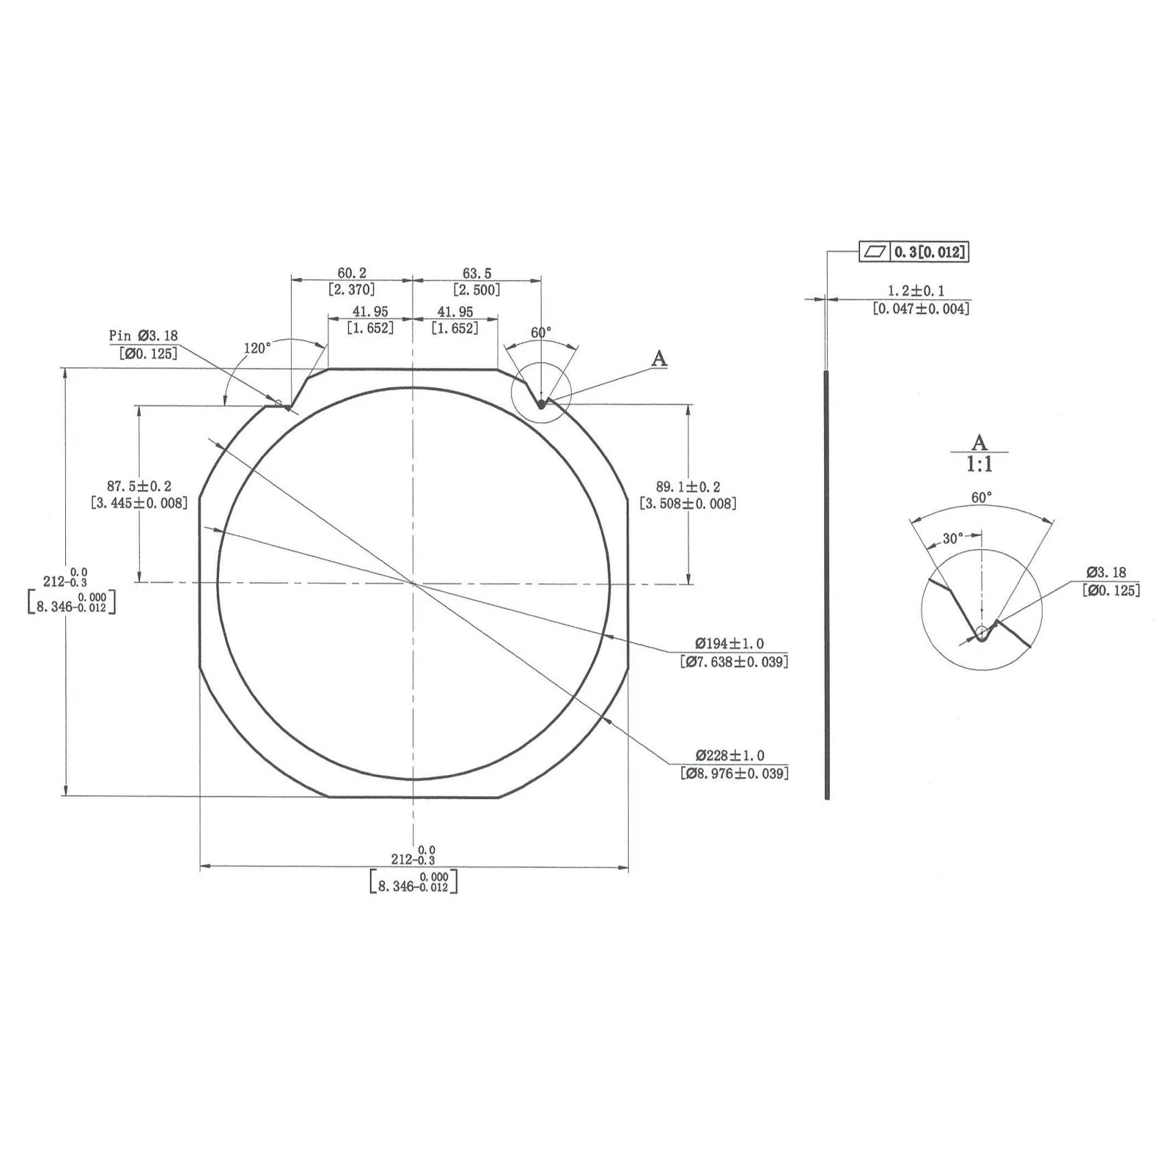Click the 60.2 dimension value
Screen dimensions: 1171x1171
(351, 273)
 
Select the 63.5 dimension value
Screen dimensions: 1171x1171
(476, 273)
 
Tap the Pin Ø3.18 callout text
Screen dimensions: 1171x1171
(143, 336)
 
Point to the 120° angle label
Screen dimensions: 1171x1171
(257, 348)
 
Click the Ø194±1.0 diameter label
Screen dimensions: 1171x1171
(729, 644)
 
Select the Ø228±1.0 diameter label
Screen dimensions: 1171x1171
(729, 756)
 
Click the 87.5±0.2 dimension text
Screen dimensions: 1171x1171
(139, 487)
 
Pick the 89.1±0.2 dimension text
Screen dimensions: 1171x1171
(688, 487)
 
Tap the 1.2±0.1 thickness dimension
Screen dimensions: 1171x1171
(916, 291)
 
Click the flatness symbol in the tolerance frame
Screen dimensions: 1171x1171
(874, 252)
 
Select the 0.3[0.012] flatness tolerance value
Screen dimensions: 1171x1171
(930, 252)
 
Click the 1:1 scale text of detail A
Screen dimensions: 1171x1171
(979, 465)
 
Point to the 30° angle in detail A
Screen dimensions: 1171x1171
(952, 539)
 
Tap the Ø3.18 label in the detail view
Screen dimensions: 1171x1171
(1106, 572)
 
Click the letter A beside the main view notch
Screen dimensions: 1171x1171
(658, 358)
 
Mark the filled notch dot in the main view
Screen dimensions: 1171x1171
(541, 405)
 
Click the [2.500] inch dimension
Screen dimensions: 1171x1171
(476, 290)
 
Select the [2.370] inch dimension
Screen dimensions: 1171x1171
(351, 290)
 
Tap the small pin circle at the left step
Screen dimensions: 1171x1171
(279, 403)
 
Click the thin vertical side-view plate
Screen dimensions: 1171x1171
(827, 583)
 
